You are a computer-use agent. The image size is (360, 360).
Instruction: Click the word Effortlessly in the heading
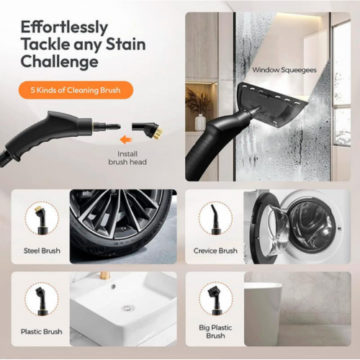[64, 27]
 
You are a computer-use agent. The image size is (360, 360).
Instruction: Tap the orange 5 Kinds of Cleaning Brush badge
[76, 91]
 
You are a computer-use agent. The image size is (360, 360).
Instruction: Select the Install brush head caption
[127, 158]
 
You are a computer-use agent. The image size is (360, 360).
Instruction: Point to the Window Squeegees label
[284, 71]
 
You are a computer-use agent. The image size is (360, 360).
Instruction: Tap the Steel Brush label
[42, 251]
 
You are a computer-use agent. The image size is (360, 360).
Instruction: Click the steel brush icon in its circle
[42, 217]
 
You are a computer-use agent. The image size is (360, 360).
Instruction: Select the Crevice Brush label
[215, 251]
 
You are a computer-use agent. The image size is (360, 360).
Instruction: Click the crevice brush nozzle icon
[215, 217]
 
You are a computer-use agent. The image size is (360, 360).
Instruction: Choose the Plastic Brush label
[42, 332]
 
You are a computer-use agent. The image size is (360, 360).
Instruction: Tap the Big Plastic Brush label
[215, 331]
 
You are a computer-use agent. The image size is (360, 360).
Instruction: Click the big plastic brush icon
[215, 297]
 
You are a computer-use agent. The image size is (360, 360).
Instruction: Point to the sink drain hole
[127, 308]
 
